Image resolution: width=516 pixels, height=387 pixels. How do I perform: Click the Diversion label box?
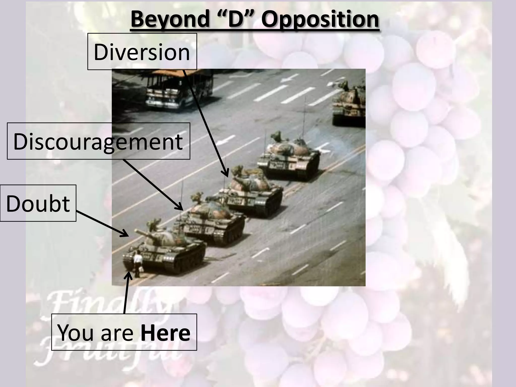point(142,52)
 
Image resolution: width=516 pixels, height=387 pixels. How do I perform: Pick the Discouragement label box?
point(98,141)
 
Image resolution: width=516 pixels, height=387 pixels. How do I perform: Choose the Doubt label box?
point(38,203)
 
